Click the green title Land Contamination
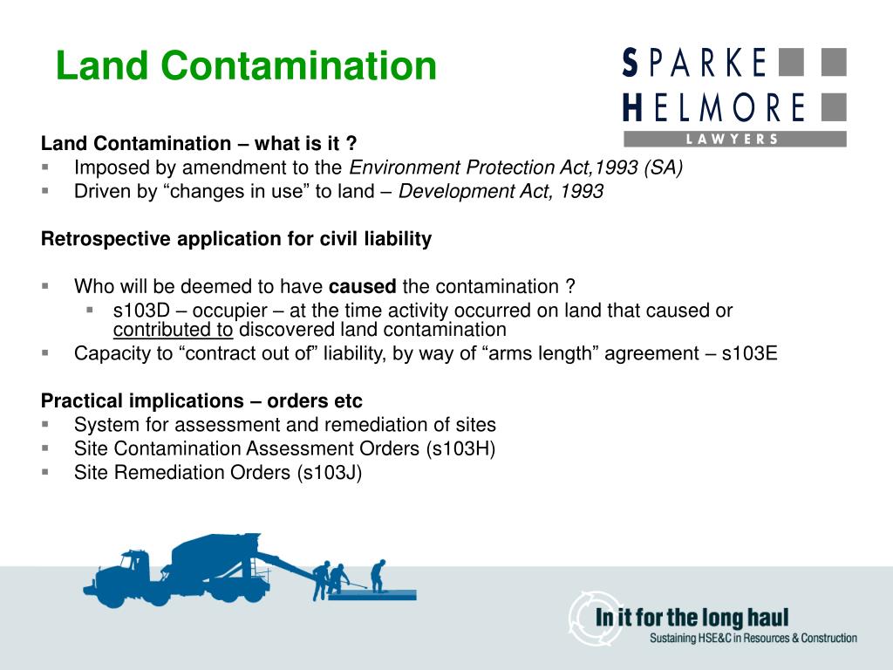coord(246,65)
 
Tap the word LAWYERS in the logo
coord(733,139)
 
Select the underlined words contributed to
coord(174,330)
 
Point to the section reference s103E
coord(749,353)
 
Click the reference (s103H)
coord(460,448)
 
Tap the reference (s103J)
coord(329,472)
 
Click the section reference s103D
coord(141,311)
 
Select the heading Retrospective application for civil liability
coord(236,239)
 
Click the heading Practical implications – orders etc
coord(201,401)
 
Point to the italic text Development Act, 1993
coord(501,191)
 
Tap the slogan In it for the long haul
coord(692,618)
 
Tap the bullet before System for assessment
coord(45,425)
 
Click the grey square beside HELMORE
coord(834,107)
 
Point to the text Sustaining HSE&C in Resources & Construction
coord(753,638)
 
